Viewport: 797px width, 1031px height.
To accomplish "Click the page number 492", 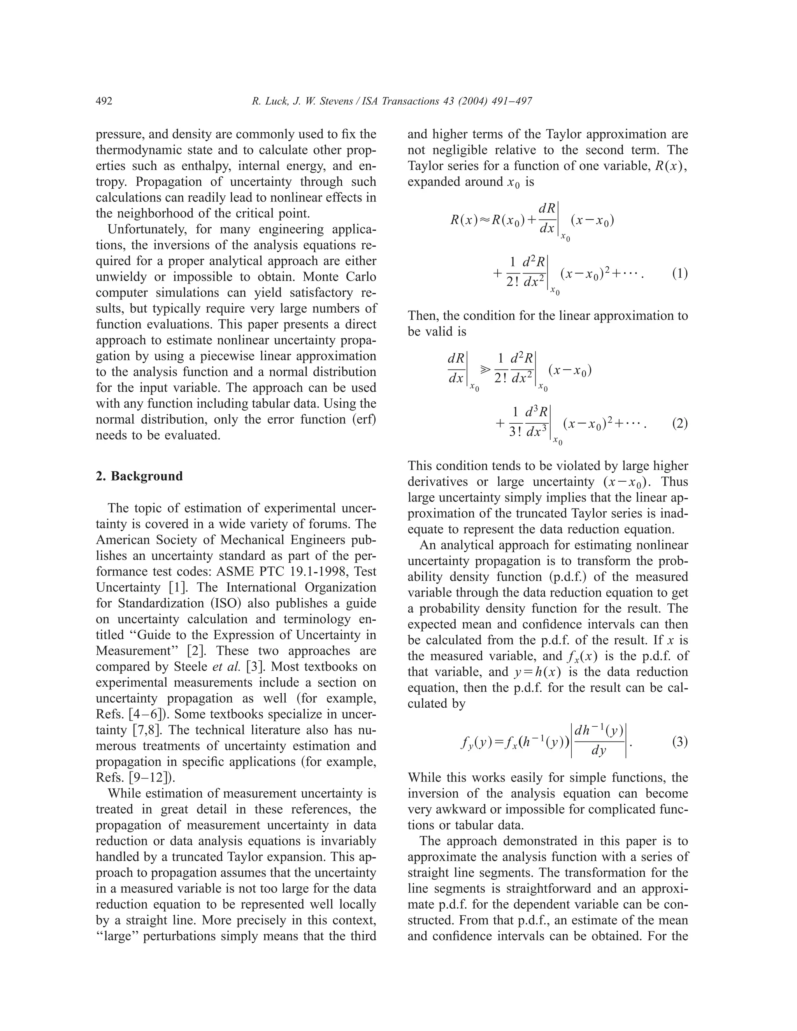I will click(104, 101).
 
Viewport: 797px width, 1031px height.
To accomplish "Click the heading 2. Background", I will click(139, 476).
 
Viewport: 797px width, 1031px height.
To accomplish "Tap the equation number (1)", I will click(679, 274).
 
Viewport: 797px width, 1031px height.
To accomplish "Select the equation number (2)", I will click(679, 423).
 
